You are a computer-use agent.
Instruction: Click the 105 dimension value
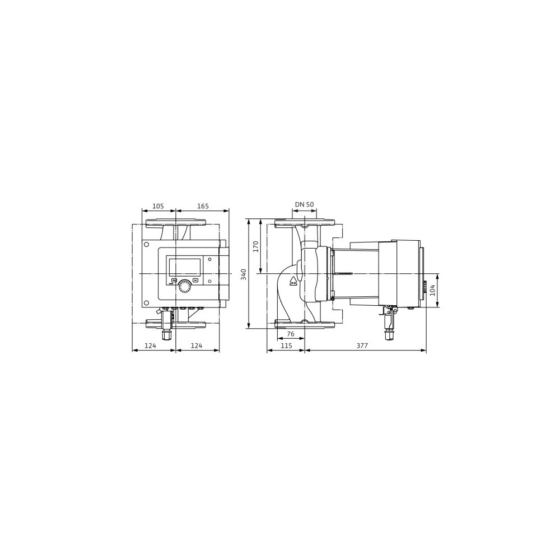click(158, 206)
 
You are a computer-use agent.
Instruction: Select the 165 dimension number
click(203, 206)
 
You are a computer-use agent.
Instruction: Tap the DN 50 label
click(304, 204)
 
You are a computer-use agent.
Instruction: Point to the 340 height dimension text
click(244, 274)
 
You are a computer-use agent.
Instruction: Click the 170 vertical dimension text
click(255, 247)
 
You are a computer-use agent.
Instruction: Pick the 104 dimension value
click(432, 290)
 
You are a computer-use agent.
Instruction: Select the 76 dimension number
click(291, 334)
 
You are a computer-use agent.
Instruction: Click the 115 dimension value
click(286, 346)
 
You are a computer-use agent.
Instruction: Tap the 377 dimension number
click(362, 346)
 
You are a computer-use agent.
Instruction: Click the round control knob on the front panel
click(185, 286)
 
